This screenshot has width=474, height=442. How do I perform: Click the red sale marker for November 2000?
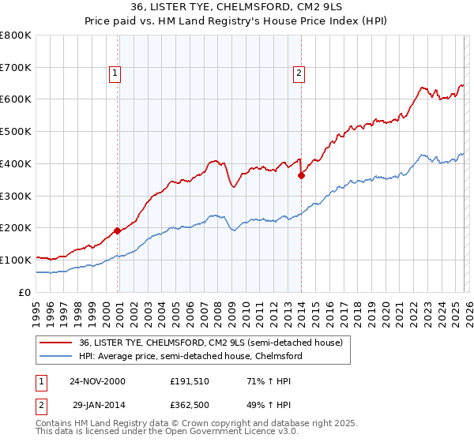tap(118, 230)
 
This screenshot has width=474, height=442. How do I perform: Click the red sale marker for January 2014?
tap(301, 175)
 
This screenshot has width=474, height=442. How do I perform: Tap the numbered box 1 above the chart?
tap(115, 73)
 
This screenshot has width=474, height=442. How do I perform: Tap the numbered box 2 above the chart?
tap(299, 73)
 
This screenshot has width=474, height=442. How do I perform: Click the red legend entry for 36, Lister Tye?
tap(210, 343)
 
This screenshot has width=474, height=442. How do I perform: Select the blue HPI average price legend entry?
tap(190, 357)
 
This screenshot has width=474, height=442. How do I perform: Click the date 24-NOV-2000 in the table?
tap(99, 381)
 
